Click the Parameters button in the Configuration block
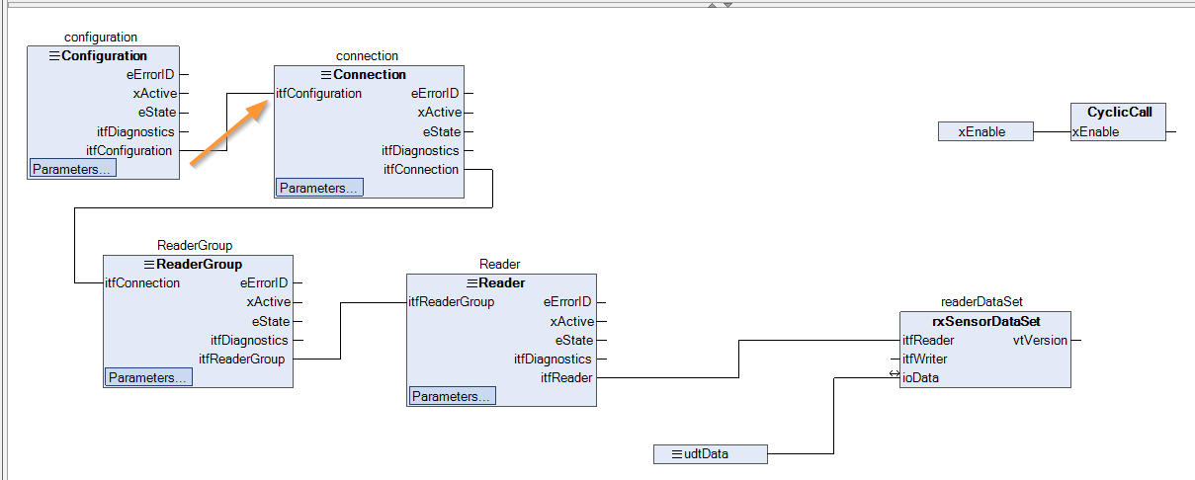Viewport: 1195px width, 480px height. coord(72,169)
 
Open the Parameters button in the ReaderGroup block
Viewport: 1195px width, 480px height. coord(148,377)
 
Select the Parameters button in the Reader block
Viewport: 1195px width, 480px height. coord(452,396)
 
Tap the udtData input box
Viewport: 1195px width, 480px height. coord(710,454)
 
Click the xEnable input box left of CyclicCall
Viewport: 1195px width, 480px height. coord(985,131)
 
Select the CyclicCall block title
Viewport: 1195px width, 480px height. coord(1119,112)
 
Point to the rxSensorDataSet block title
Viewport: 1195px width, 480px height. coord(985,321)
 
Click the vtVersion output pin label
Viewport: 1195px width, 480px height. coord(1040,341)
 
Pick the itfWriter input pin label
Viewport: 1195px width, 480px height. coord(924,359)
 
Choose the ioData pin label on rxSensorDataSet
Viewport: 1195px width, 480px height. coord(920,377)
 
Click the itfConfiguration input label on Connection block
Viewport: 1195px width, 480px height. coord(318,93)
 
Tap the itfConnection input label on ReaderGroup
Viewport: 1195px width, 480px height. coord(142,282)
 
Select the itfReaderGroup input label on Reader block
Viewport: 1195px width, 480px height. coord(451,302)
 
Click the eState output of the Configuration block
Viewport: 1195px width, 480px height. coord(157,113)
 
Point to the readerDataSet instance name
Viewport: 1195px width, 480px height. coord(982,302)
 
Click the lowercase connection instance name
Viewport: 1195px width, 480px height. coord(367,55)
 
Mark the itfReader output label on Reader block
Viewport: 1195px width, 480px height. coord(566,377)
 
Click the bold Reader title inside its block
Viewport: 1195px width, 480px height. coord(501,282)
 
